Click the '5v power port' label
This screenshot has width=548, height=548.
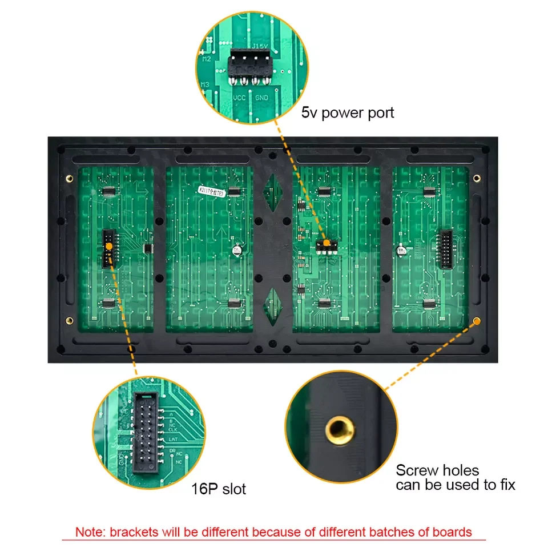[x=348, y=112]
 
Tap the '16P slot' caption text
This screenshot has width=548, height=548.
[x=219, y=489]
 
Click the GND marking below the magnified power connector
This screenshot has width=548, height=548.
[x=262, y=98]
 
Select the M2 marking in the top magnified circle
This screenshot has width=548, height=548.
[x=206, y=59]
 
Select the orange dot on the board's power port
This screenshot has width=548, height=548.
[x=326, y=243]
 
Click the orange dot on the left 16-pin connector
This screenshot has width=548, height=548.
[x=108, y=246]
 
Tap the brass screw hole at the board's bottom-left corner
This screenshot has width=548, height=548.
[x=70, y=320]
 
